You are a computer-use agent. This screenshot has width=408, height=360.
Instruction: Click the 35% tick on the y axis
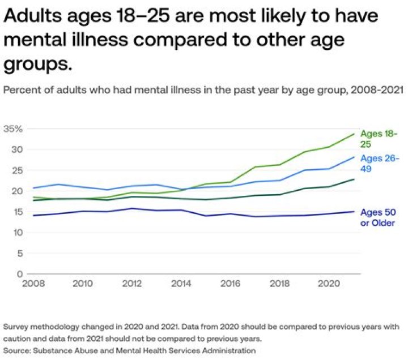coord(12,129)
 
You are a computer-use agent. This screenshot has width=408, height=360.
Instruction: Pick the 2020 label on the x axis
coord(327,282)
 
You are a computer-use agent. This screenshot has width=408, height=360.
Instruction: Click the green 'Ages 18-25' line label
coord(379,138)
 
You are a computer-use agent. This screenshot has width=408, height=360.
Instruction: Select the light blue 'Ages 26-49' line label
coord(379,164)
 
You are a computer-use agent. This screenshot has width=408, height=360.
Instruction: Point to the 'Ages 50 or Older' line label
coord(378,218)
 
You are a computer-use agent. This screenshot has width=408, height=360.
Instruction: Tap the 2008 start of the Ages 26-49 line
coord(33,188)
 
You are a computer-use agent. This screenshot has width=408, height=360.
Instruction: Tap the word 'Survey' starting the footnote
coord(16,327)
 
